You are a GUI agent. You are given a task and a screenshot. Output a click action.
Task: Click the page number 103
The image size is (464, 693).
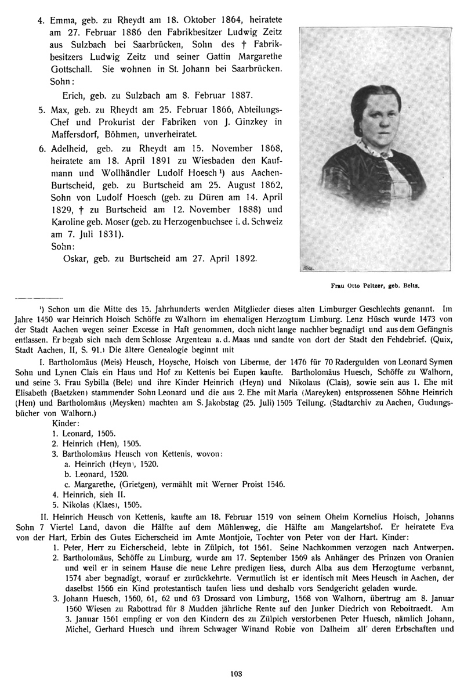(235, 673)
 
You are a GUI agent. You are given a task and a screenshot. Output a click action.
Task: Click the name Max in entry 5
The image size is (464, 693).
(57, 110)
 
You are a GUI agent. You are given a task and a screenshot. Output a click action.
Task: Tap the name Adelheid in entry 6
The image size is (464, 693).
(68, 148)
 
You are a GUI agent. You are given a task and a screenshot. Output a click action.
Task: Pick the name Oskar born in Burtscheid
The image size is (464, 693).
(74, 258)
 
